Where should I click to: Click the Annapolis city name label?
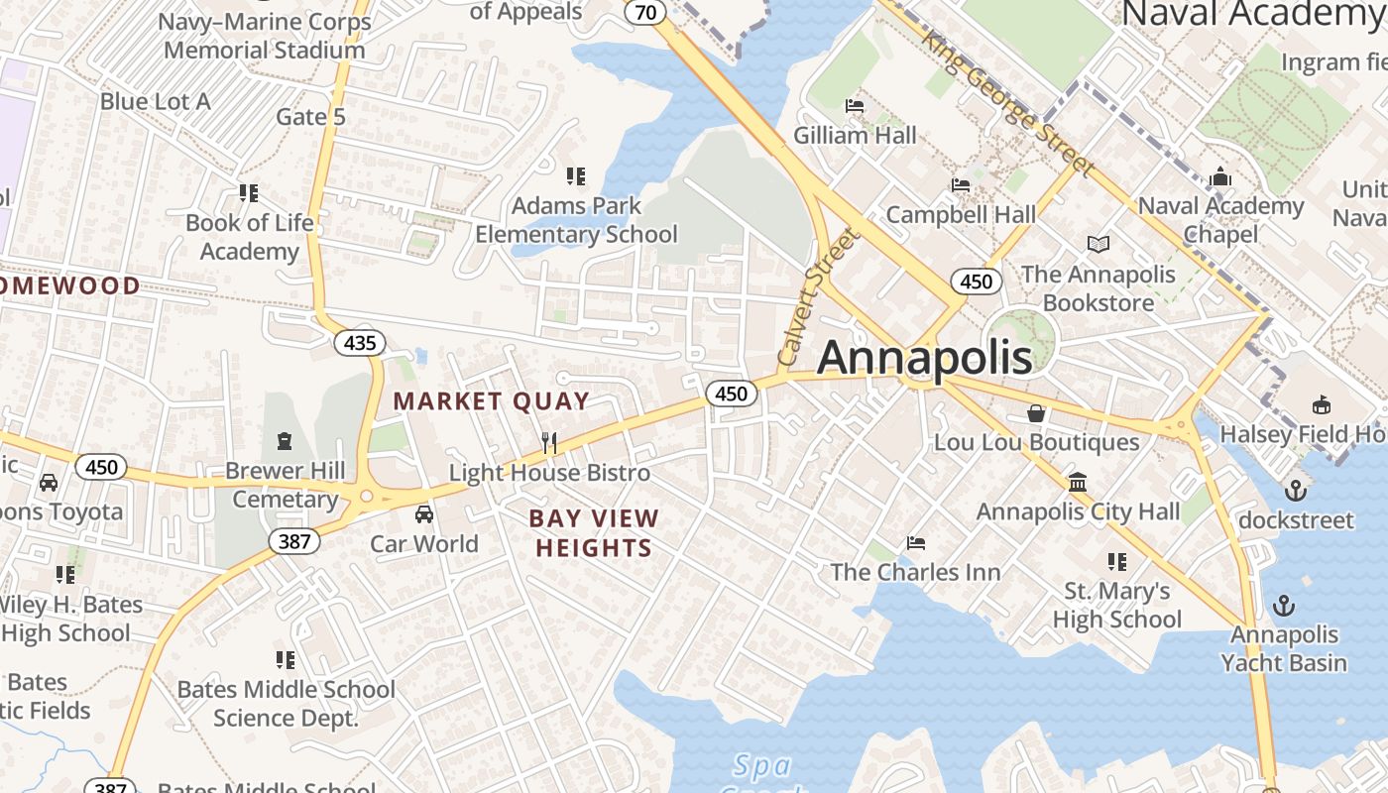pyautogui.click(x=924, y=357)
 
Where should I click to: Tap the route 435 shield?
pyautogui.click(x=360, y=343)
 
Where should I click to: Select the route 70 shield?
pyautogui.click(x=645, y=12)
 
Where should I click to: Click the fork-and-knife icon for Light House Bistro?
pyautogui.click(x=549, y=442)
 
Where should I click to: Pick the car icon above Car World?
pyautogui.click(x=424, y=513)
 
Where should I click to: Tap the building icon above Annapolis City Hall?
pyautogui.click(x=1078, y=482)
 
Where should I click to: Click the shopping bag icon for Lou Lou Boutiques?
pyautogui.click(x=1036, y=412)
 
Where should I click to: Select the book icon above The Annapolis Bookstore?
pyautogui.click(x=1098, y=244)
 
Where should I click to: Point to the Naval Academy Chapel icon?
pyautogui.click(x=1220, y=176)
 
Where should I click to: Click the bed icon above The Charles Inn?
pyautogui.click(x=916, y=542)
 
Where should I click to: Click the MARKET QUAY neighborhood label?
pyautogui.click(x=492, y=401)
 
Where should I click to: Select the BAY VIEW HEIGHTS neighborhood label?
pyautogui.click(x=593, y=532)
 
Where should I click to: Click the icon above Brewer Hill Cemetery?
pyautogui.click(x=286, y=439)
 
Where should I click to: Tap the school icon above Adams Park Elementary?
pyautogui.click(x=576, y=176)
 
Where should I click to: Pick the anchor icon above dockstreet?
pyautogui.click(x=1295, y=490)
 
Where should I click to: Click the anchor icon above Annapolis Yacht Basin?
pyautogui.click(x=1284, y=605)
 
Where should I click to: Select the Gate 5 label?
pyautogui.click(x=310, y=117)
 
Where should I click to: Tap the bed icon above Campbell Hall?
pyautogui.click(x=961, y=184)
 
